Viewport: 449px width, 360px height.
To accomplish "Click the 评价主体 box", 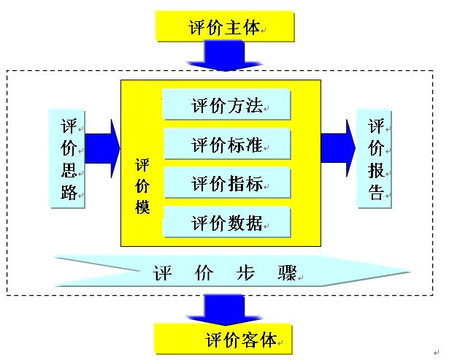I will pyautogui.click(x=225, y=28).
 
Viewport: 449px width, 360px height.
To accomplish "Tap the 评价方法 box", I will pyautogui.click(x=226, y=105).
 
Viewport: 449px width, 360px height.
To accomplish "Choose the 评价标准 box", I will pyautogui.click(x=226, y=144).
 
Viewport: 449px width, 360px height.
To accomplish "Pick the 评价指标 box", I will pyautogui.click(x=226, y=183).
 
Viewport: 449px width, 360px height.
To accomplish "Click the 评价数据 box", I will pyautogui.click(x=226, y=222).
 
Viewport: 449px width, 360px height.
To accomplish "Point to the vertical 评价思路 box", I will pyautogui.click(x=68, y=157).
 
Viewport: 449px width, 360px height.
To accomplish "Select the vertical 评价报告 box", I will pyautogui.click(x=375, y=157).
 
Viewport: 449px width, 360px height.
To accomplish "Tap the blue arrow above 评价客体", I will pyautogui.click(x=225, y=309).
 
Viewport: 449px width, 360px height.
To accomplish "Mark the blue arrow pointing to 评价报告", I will pyautogui.click(x=338, y=144).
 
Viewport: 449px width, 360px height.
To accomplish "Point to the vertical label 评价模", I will pyautogui.click(x=142, y=186).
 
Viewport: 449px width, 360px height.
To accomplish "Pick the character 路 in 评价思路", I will pyautogui.click(x=68, y=194).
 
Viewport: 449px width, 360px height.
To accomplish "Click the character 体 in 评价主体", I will pyautogui.click(x=250, y=28).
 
